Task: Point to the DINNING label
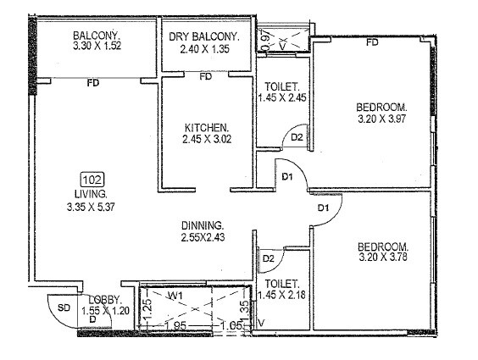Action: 203,225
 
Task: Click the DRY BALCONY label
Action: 204,38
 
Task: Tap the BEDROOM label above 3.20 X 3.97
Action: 381,108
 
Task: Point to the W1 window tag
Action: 175,296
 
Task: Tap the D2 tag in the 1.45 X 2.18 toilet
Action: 268,258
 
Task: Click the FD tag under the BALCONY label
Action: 92,83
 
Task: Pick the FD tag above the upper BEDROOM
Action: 371,42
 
